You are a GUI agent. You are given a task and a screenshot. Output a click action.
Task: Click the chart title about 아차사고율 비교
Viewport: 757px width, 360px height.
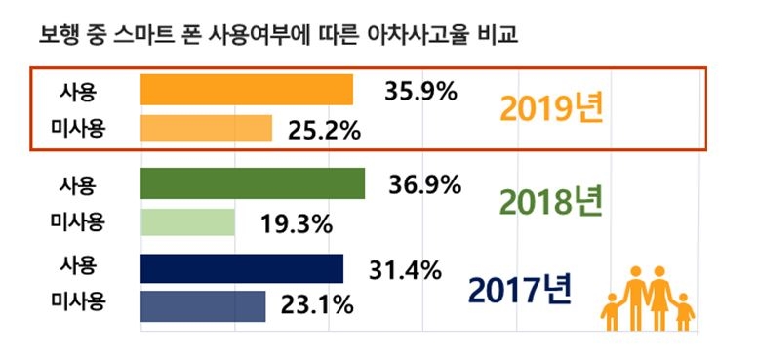(x=277, y=36)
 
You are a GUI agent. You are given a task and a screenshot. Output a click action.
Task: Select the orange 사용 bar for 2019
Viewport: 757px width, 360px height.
(x=247, y=91)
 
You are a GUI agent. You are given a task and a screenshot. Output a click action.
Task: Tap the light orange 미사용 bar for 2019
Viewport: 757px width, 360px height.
(x=206, y=129)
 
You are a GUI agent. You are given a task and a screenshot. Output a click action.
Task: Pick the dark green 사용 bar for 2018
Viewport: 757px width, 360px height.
(x=253, y=183)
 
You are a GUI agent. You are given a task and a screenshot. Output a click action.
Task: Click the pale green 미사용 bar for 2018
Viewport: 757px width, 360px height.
(x=187, y=221)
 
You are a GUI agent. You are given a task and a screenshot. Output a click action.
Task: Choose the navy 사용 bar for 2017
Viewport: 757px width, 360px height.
(x=242, y=267)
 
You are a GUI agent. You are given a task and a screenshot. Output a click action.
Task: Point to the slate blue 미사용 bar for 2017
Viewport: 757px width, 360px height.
(x=203, y=305)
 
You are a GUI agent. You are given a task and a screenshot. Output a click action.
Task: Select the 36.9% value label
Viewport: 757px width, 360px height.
(x=421, y=184)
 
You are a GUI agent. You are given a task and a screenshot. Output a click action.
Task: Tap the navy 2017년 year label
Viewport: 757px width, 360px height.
(x=520, y=289)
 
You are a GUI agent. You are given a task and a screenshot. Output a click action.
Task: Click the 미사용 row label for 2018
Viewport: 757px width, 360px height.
(x=78, y=221)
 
